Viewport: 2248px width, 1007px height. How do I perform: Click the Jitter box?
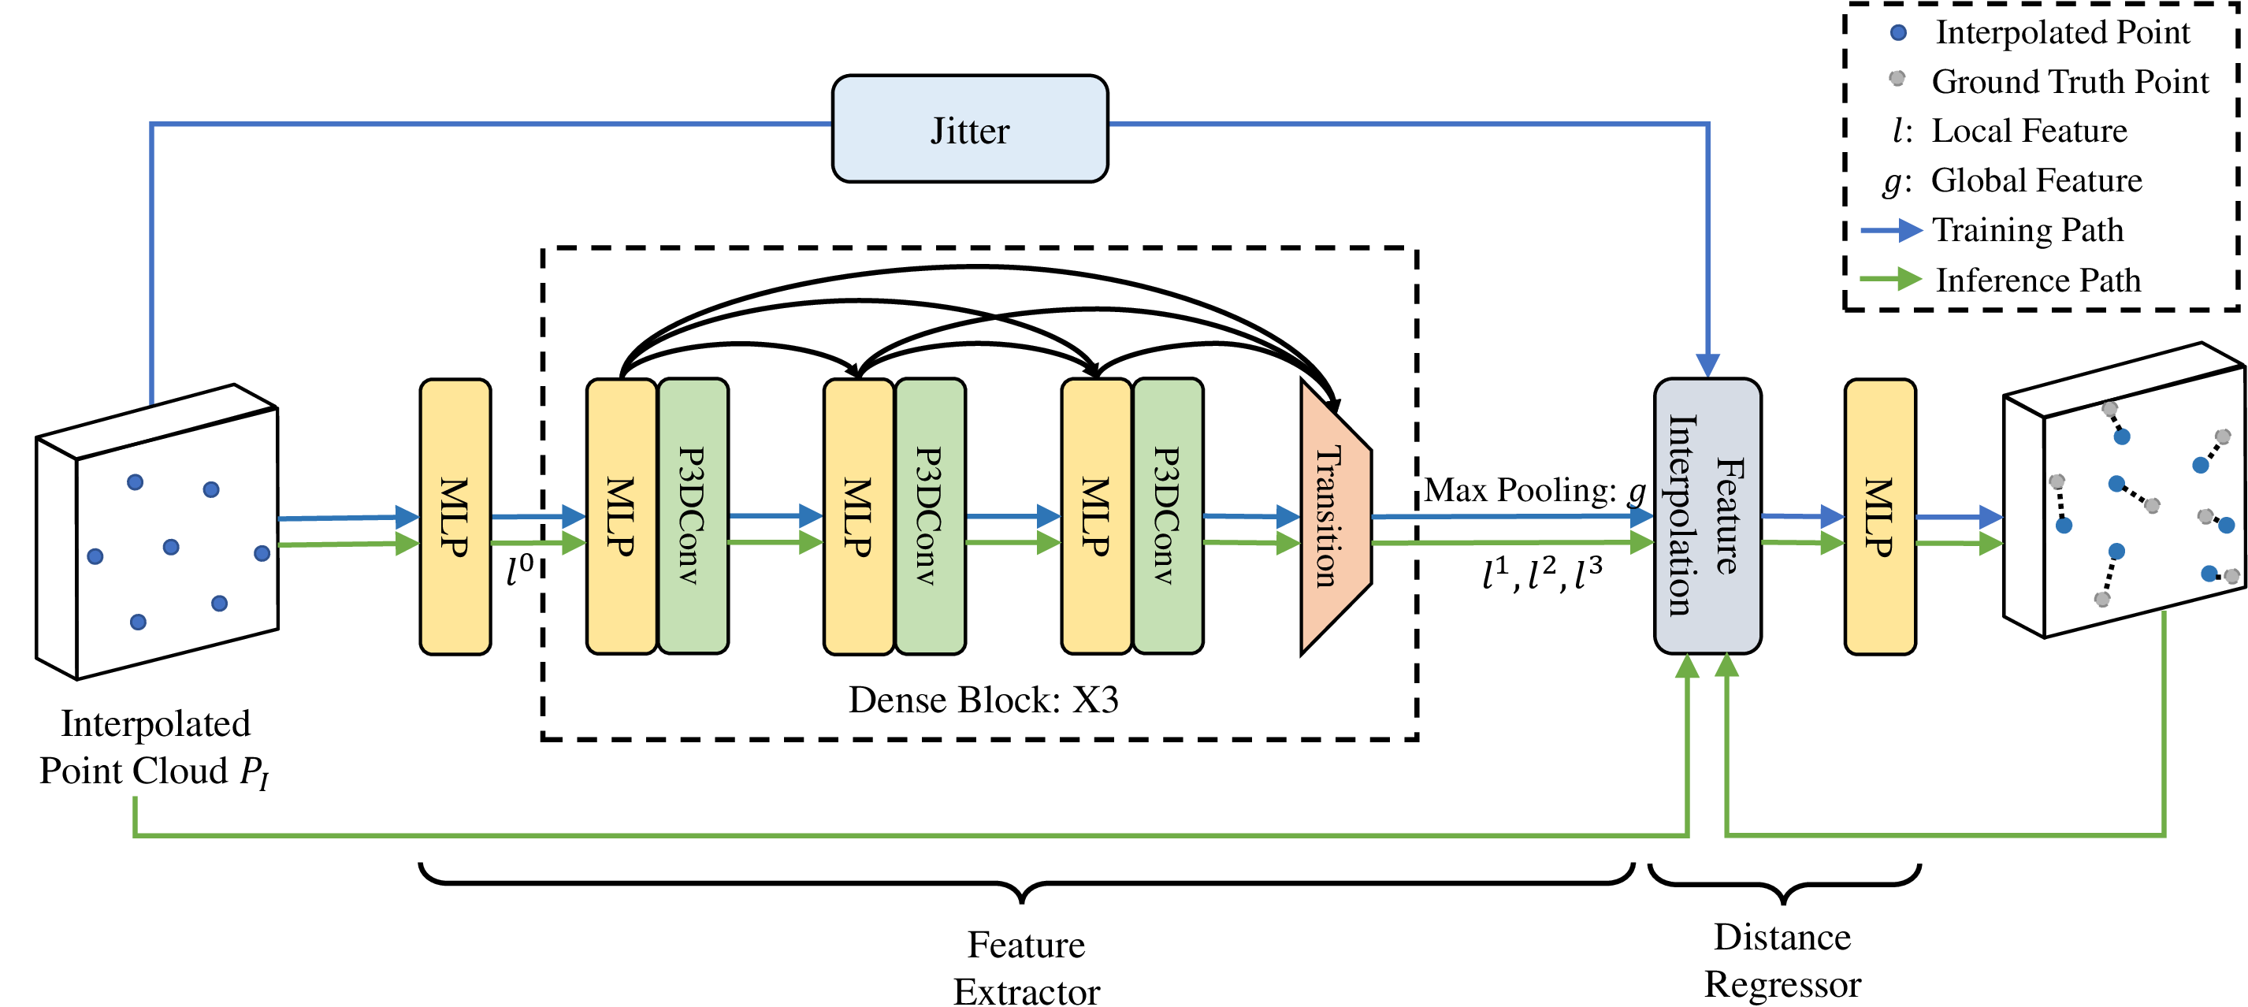(x=969, y=129)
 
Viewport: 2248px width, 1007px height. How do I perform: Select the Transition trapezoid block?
(x=1334, y=517)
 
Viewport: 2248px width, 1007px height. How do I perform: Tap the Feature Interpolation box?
(x=1707, y=516)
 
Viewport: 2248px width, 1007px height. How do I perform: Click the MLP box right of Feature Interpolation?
(x=1880, y=516)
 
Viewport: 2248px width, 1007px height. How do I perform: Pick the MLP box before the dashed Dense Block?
(x=455, y=516)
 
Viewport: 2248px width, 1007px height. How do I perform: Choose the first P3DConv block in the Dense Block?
(x=693, y=516)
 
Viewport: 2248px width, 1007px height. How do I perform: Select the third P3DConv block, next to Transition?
(x=1168, y=516)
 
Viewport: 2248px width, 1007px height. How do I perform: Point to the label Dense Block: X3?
(x=983, y=700)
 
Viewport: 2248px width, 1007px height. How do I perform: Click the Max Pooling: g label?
(x=1534, y=490)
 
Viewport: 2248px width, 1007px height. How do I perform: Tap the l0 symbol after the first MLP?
(x=520, y=570)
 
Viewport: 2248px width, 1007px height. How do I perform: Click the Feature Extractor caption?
(x=1026, y=968)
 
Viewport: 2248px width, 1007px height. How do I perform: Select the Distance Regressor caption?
(x=1782, y=960)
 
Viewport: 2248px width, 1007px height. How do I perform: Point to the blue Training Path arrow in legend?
(x=1890, y=230)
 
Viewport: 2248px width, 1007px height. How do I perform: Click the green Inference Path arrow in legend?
(x=1890, y=280)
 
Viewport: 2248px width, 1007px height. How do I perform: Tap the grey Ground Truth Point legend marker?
(x=1897, y=79)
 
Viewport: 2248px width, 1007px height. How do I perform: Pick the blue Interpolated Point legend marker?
(x=1898, y=33)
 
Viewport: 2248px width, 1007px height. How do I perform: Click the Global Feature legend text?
(x=2036, y=180)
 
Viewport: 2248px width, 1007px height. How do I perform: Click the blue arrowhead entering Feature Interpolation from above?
(x=1707, y=365)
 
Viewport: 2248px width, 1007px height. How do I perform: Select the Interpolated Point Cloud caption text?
(x=154, y=747)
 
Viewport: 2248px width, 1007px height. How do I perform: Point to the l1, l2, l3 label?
(x=1542, y=574)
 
